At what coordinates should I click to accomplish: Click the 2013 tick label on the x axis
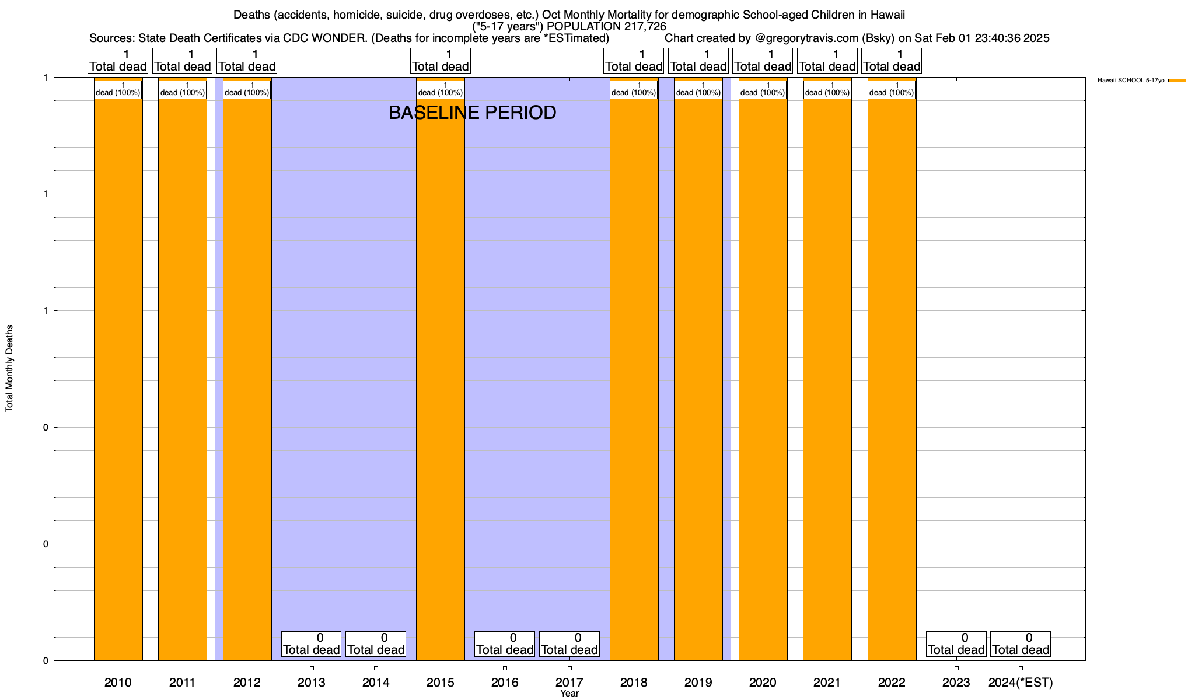click(x=312, y=682)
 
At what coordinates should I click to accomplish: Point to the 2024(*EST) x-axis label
click(x=1021, y=682)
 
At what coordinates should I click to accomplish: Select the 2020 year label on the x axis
click(x=763, y=682)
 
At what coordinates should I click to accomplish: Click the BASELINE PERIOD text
click(x=472, y=113)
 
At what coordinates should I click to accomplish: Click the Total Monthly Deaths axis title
click(x=9, y=369)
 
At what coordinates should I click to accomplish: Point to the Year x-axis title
click(x=569, y=694)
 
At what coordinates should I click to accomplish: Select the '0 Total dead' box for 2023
click(x=956, y=644)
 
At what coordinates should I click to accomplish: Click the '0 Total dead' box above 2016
click(x=505, y=644)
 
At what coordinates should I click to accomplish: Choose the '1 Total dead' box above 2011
click(x=182, y=61)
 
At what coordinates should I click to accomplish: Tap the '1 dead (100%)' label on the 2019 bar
click(x=698, y=89)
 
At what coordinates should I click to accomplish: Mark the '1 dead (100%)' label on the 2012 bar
click(x=247, y=89)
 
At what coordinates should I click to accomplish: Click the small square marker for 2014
click(x=376, y=668)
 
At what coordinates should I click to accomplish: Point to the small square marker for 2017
click(x=569, y=668)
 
